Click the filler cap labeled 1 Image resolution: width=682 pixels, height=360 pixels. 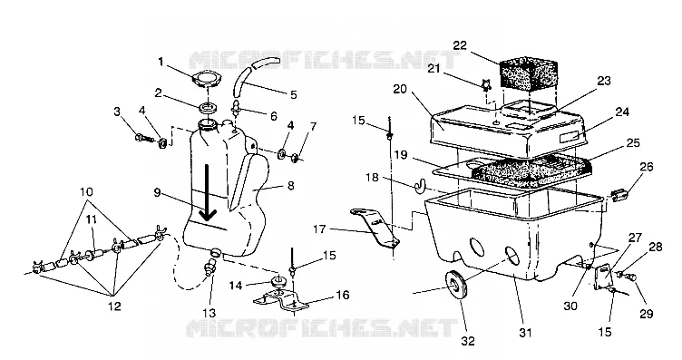point(206,80)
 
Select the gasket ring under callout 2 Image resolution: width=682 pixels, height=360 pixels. point(209,106)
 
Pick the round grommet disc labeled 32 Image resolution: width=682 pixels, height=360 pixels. point(456,286)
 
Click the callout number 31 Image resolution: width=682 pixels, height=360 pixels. point(525,333)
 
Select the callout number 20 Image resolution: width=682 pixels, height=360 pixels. point(400,89)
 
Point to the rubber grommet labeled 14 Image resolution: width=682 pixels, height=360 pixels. point(278,281)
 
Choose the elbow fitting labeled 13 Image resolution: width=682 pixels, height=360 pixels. point(210,265)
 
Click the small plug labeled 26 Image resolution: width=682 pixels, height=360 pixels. point(619,196)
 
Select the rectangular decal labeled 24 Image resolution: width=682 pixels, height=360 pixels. point(570,138)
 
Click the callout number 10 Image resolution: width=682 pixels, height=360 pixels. point(86,191)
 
